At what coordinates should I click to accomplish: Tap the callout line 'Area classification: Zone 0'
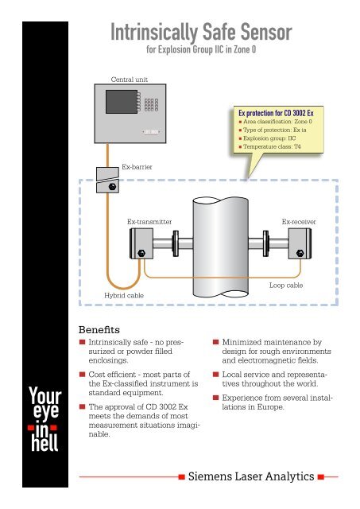click(x=281, y=122)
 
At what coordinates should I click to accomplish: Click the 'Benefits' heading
click(x=106, y=326)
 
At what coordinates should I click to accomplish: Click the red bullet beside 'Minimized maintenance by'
click(x=216, y=341)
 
